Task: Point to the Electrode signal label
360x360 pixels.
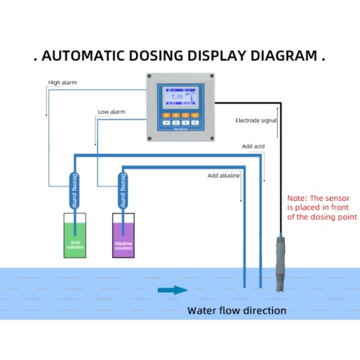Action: click(256, 120)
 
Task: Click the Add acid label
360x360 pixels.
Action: click(253, 146)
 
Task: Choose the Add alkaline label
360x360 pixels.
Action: click(224, 175)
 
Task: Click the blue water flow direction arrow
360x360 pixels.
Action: click(173, 290)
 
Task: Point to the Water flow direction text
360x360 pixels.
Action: click(237, 311)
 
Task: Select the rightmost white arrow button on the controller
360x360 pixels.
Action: click(196, 123)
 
